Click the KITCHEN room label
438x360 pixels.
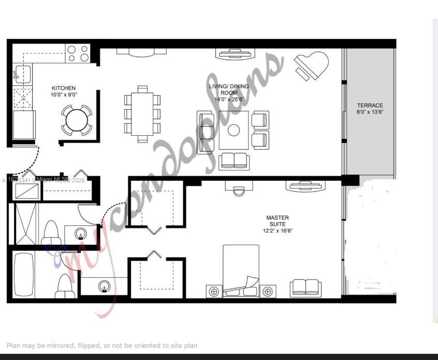point(63,89)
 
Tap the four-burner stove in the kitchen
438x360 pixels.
point(78,53)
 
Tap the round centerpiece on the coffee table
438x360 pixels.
point(233,129)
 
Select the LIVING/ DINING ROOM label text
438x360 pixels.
point(228,89)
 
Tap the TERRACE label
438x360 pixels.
point(370,106)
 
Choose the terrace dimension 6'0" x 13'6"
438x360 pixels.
point(370,112)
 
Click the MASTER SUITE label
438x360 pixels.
point(278,221)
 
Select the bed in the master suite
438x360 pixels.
point(241,270)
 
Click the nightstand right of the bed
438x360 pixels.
point(268,292)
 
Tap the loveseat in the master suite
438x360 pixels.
point(305,288)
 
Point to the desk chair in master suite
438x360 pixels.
point(238,192)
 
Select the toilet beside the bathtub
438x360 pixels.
point(65,285)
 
